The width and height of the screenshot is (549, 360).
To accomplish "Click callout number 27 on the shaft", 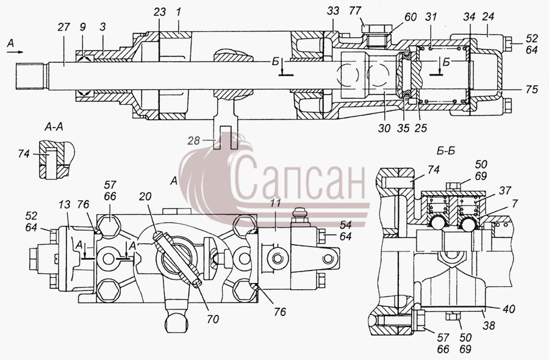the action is tap(63, 27).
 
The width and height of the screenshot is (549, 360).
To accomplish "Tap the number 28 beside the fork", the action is tap(193, 141).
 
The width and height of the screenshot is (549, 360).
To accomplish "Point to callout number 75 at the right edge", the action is tap(531, 90).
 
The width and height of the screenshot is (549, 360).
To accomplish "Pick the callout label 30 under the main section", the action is tap(384, 128).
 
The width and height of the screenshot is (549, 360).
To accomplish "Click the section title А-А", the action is tap(54, 127).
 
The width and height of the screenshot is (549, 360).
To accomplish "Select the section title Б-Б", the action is tap(446, 151).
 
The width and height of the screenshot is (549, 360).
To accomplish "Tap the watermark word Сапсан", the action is tap(300, 179).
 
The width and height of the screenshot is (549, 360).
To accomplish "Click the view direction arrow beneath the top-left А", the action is tap(15, 52).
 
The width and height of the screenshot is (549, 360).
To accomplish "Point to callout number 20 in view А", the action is tap(145, 196).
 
